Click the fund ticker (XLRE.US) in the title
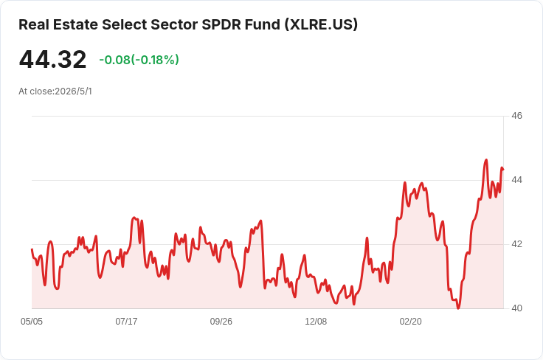(x=321, y=24)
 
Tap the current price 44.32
(x=52, y=59)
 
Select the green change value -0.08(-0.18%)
(x=139, y=60)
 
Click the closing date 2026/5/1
(x=74, y=91)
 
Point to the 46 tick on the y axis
(x=516, y=116)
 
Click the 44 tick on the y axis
(x=516, y=180)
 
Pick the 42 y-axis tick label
(x=516, y=244)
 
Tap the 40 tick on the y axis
(x=516, y=308)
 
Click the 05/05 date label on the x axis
(x=32, y=322)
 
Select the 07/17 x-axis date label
(x=126, y=322)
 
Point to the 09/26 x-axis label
(x=221, y=322)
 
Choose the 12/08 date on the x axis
(x=316, y=322)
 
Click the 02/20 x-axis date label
(x=411, y=322)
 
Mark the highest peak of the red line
(x=486, y=160)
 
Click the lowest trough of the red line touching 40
(x=458, y=308)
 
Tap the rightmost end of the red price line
(x=503, y=169)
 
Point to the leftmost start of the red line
(x=32, y=249)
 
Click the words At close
(x=35, y=91)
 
